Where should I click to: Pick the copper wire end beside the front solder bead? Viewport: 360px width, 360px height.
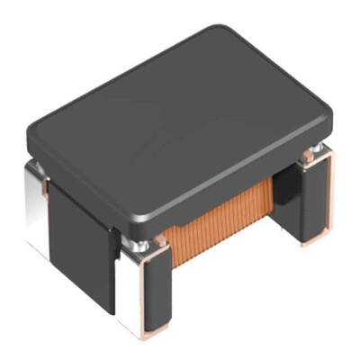157,241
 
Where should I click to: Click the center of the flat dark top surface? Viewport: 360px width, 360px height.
180,117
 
